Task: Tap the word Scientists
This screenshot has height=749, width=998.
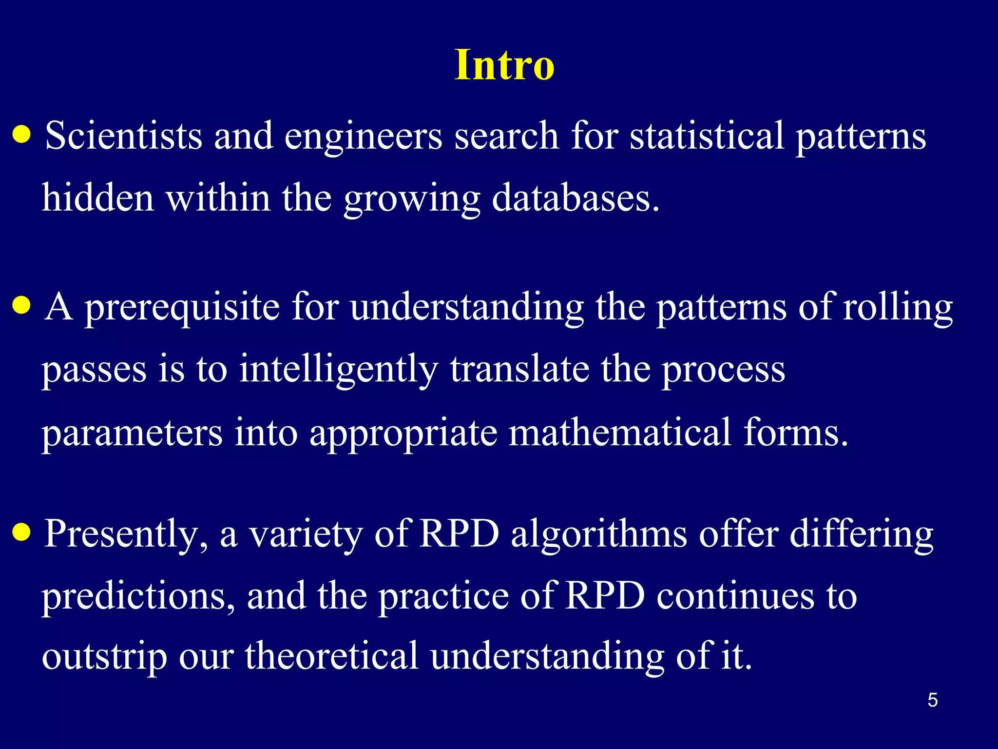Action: [123, 136]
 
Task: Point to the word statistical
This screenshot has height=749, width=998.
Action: [707, 136]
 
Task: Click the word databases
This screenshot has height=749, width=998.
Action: [575, 198]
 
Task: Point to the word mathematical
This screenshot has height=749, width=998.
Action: [620, 432]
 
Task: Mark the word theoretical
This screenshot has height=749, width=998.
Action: [331, 656]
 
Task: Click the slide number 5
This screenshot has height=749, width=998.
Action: [932, 700]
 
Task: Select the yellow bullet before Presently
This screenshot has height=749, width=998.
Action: [22, 533]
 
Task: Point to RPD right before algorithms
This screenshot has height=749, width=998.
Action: [459, 534]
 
